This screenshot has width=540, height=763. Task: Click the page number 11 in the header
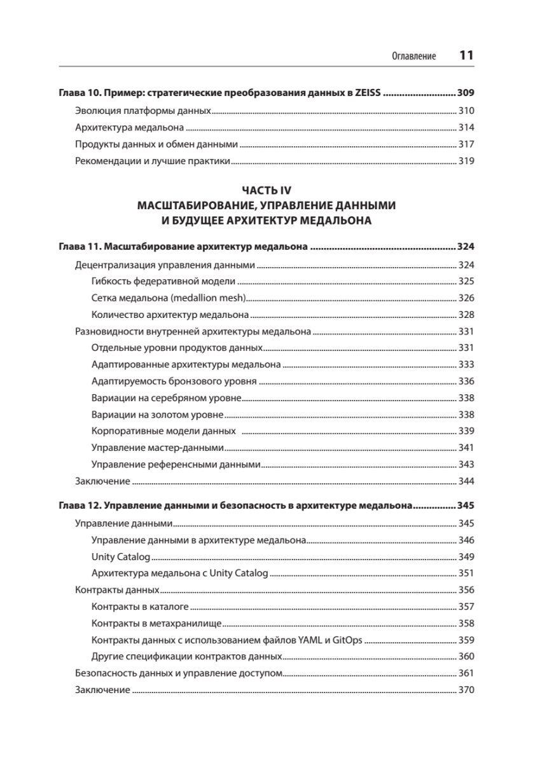[466, 55]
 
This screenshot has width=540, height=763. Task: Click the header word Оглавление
[414, 57]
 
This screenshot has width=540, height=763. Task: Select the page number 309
[466, 93]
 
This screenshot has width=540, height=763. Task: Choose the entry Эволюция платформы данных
[142, 110]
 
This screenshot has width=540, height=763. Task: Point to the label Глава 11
[79, 247]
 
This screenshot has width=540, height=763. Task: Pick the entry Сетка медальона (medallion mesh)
[169, 298]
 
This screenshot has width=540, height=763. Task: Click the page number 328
[466, 315]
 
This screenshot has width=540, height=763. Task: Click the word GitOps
[348, 640]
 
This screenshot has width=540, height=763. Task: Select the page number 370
[466, 690]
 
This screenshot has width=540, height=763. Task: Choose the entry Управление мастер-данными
[158, 447]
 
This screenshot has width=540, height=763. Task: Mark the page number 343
[466, 464]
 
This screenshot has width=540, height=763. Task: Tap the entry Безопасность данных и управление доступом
[178, 673]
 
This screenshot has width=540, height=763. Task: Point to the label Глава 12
[79, 507]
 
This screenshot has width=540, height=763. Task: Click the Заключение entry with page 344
[102, 481]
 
